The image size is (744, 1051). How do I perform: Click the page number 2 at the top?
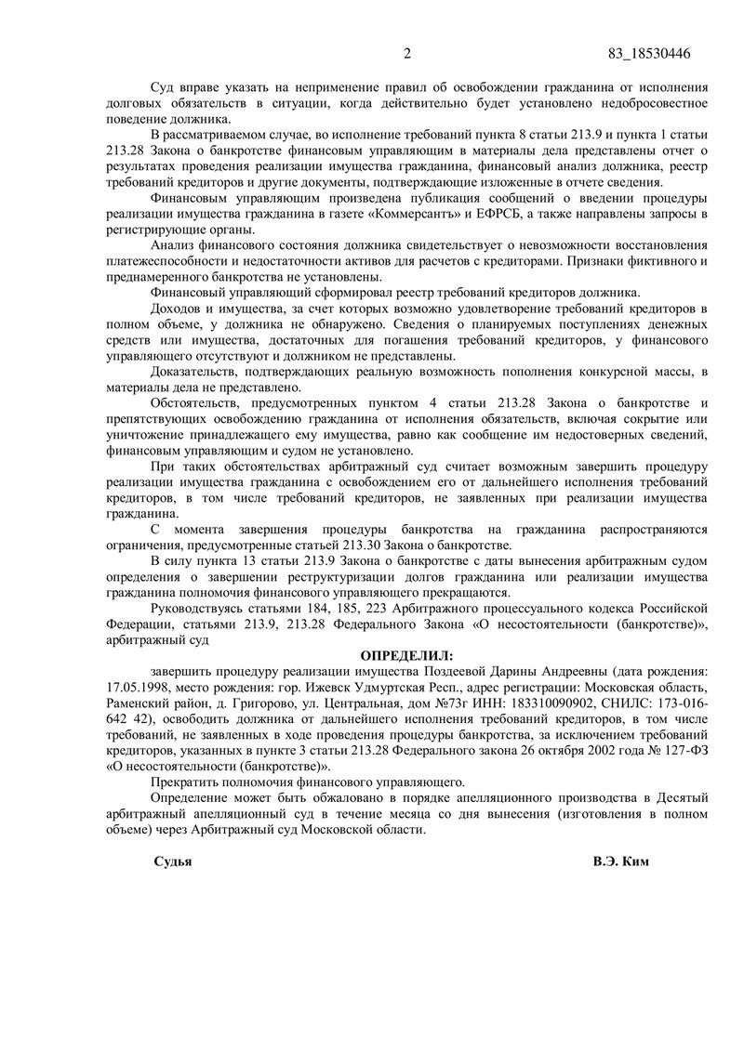406,52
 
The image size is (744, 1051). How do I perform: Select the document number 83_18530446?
647,52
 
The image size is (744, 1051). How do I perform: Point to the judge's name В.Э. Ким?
620,861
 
